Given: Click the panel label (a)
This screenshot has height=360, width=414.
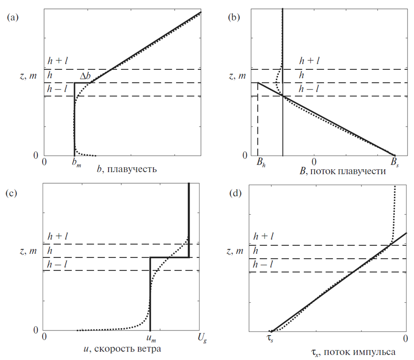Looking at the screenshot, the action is (13, 17).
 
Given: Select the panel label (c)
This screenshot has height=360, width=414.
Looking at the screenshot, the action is (11, 193).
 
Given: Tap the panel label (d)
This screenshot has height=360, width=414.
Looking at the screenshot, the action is (236, 193).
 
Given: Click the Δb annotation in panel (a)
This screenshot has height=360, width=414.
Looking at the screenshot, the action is (85, 76).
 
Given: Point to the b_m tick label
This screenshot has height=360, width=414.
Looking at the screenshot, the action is (76, 163).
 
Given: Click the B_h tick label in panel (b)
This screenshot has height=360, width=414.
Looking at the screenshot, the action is (261, 162).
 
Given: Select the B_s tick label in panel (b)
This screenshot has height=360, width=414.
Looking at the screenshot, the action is (395, 162).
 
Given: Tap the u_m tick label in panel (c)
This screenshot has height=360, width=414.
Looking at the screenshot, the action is (151, 339).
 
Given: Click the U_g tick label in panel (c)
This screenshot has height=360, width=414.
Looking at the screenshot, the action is (202, 338).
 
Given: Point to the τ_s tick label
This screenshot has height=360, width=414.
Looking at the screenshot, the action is (270, 339).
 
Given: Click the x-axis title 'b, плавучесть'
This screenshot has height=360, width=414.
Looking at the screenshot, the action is (127, 169).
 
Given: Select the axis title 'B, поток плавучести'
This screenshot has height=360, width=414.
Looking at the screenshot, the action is (343, 171).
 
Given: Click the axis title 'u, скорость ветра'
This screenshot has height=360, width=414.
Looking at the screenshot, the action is (122, 349).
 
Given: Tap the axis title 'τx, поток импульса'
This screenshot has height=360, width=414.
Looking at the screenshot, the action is (353, 352).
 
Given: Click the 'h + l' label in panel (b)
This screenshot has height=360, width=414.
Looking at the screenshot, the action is (309, 61).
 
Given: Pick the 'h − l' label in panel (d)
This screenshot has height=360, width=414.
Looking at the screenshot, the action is (263, 264).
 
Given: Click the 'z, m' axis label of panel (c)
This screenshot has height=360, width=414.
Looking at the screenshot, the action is (28, 251).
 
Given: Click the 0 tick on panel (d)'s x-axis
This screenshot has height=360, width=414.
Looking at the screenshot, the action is (406, 339).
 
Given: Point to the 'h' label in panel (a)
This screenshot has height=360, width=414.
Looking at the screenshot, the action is (50, 75).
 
